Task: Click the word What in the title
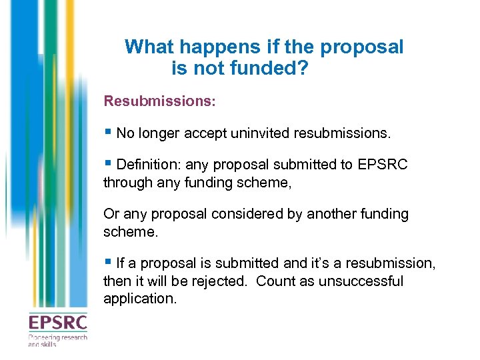click(148, 47)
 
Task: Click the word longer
click(161, 133)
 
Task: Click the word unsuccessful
click(361, 281)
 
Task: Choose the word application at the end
click(139, 299)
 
